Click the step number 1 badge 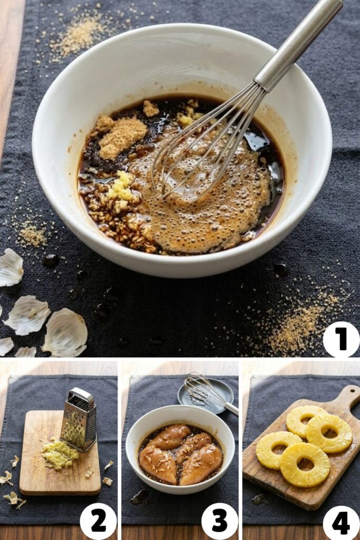(x=340, y=339)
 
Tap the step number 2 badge (x=98, y=522)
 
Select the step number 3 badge (x=220, y=522)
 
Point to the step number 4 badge (x=340, y=522)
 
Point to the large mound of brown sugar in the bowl (x=122, y=137)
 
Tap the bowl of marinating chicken (x=180, y=449)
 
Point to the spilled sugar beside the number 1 (x=299, y=320)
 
